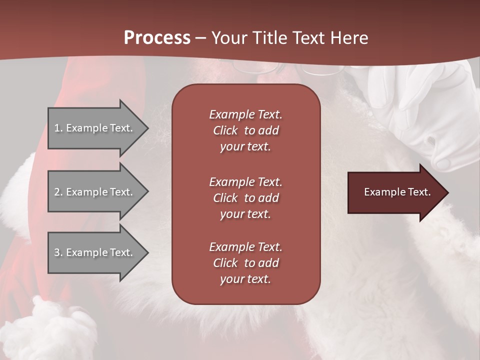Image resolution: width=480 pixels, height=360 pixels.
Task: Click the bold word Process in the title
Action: pos(157,37)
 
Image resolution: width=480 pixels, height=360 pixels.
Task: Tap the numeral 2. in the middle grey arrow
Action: pos(58,192)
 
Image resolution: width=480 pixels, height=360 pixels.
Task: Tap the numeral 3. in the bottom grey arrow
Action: pos(58,252)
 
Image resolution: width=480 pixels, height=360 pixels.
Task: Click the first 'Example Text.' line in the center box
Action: pos(245,114)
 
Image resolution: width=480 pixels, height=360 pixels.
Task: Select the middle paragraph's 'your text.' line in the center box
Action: pos(245,214)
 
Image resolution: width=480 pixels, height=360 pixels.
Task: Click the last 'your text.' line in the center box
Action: pos(245,279)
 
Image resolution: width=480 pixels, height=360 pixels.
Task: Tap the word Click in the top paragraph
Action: pos(225,130)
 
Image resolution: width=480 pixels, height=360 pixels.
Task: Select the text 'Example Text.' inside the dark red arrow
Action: pos(397,192)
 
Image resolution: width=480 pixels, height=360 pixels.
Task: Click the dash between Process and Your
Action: pos(200,38)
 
